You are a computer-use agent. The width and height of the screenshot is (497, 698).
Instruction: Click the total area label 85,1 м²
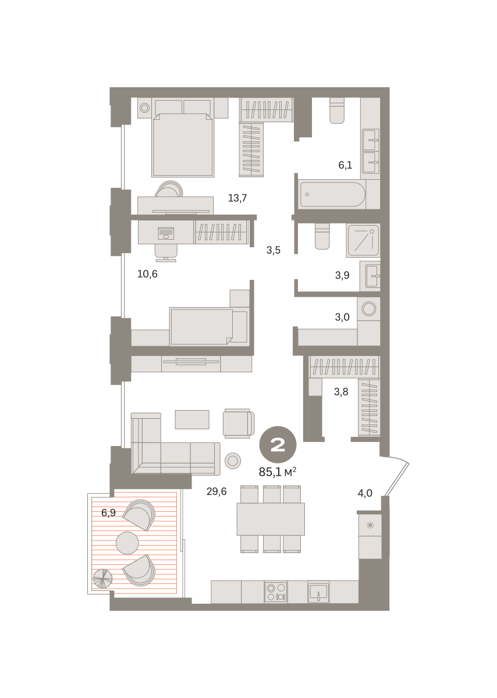coord(277,472)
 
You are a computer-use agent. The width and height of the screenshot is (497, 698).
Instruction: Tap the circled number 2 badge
coord(278,444)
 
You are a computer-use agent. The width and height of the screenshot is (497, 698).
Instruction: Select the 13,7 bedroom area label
coord(237,198)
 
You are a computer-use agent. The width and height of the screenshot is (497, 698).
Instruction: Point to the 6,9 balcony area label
coord(108,512)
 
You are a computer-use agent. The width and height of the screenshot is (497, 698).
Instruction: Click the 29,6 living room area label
coord(216,492)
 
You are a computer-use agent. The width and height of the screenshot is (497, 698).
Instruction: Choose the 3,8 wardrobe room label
coord(341,391)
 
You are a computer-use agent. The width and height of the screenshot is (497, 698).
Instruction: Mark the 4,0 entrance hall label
coord(365,493)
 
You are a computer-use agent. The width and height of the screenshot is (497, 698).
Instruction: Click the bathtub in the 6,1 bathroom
coord(332,194)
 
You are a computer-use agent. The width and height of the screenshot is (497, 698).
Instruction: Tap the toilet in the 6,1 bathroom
coord(337,111)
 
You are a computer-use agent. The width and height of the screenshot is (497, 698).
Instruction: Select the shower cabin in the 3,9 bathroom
coord(363,241)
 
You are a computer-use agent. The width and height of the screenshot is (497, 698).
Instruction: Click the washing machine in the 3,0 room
coord(369,309)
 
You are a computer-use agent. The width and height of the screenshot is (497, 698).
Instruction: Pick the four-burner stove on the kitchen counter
coord(276,592)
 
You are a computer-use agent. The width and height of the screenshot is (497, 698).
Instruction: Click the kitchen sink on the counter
coord(318,592)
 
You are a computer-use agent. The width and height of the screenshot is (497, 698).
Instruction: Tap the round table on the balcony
coord(127,543)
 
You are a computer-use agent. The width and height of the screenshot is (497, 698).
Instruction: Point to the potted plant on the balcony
coord(102,579)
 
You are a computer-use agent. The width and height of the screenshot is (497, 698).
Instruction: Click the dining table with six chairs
coord(271,519)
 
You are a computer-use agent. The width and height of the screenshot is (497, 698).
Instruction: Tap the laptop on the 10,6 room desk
coord(166,233)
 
